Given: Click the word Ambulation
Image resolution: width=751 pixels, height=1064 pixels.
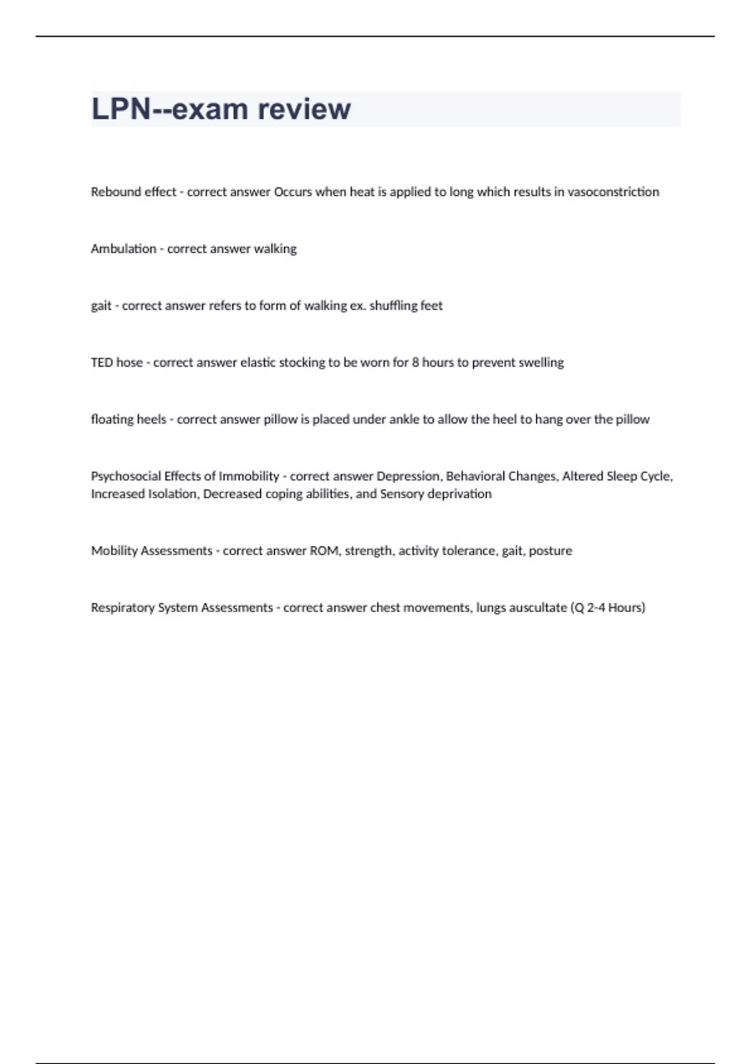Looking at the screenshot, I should pos(123,249).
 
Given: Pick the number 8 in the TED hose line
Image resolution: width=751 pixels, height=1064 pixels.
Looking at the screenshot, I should pos(416,362).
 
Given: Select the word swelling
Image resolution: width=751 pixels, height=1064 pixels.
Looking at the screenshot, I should pos(541,362).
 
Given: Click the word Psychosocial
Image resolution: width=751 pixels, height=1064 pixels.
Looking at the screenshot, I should pos(126,476).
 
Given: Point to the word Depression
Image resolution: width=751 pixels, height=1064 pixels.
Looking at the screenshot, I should pos(409,476).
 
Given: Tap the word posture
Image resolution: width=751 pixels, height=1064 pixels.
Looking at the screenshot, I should pos(551,551).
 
